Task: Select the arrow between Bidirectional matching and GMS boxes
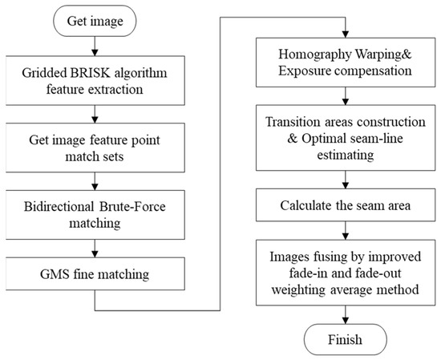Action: click(95, 249)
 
